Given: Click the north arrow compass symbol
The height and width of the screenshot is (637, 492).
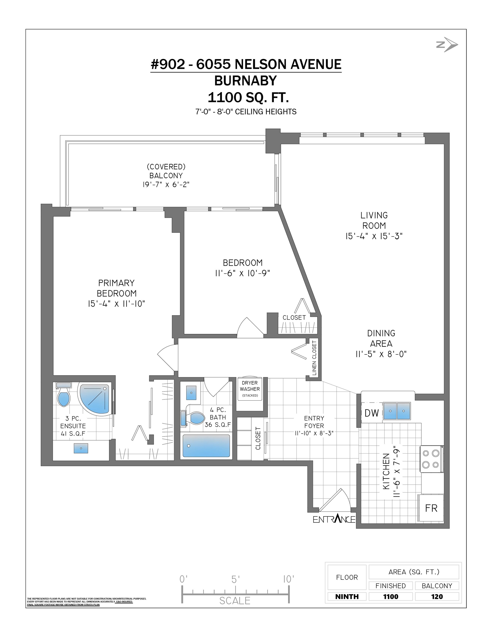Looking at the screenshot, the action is (447, 45).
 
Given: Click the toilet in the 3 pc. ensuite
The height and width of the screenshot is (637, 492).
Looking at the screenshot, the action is (64, 395).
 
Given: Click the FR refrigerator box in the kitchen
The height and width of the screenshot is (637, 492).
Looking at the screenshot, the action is (431, 508).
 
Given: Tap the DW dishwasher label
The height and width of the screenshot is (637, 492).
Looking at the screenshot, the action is (371, 413).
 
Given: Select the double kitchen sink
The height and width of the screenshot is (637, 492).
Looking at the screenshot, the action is (397, 411).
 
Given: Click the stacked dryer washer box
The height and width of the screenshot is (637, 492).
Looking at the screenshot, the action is (250, 389).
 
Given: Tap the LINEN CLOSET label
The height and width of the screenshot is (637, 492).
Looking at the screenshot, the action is (314, 358).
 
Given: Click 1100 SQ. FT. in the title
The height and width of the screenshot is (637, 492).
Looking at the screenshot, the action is (248, 97).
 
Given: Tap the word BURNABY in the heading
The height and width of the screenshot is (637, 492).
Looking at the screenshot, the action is (245, 81).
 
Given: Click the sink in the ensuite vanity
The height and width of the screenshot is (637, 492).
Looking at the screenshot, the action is (81, 448).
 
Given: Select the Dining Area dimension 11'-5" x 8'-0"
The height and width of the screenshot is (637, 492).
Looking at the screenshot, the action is (381, 354).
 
